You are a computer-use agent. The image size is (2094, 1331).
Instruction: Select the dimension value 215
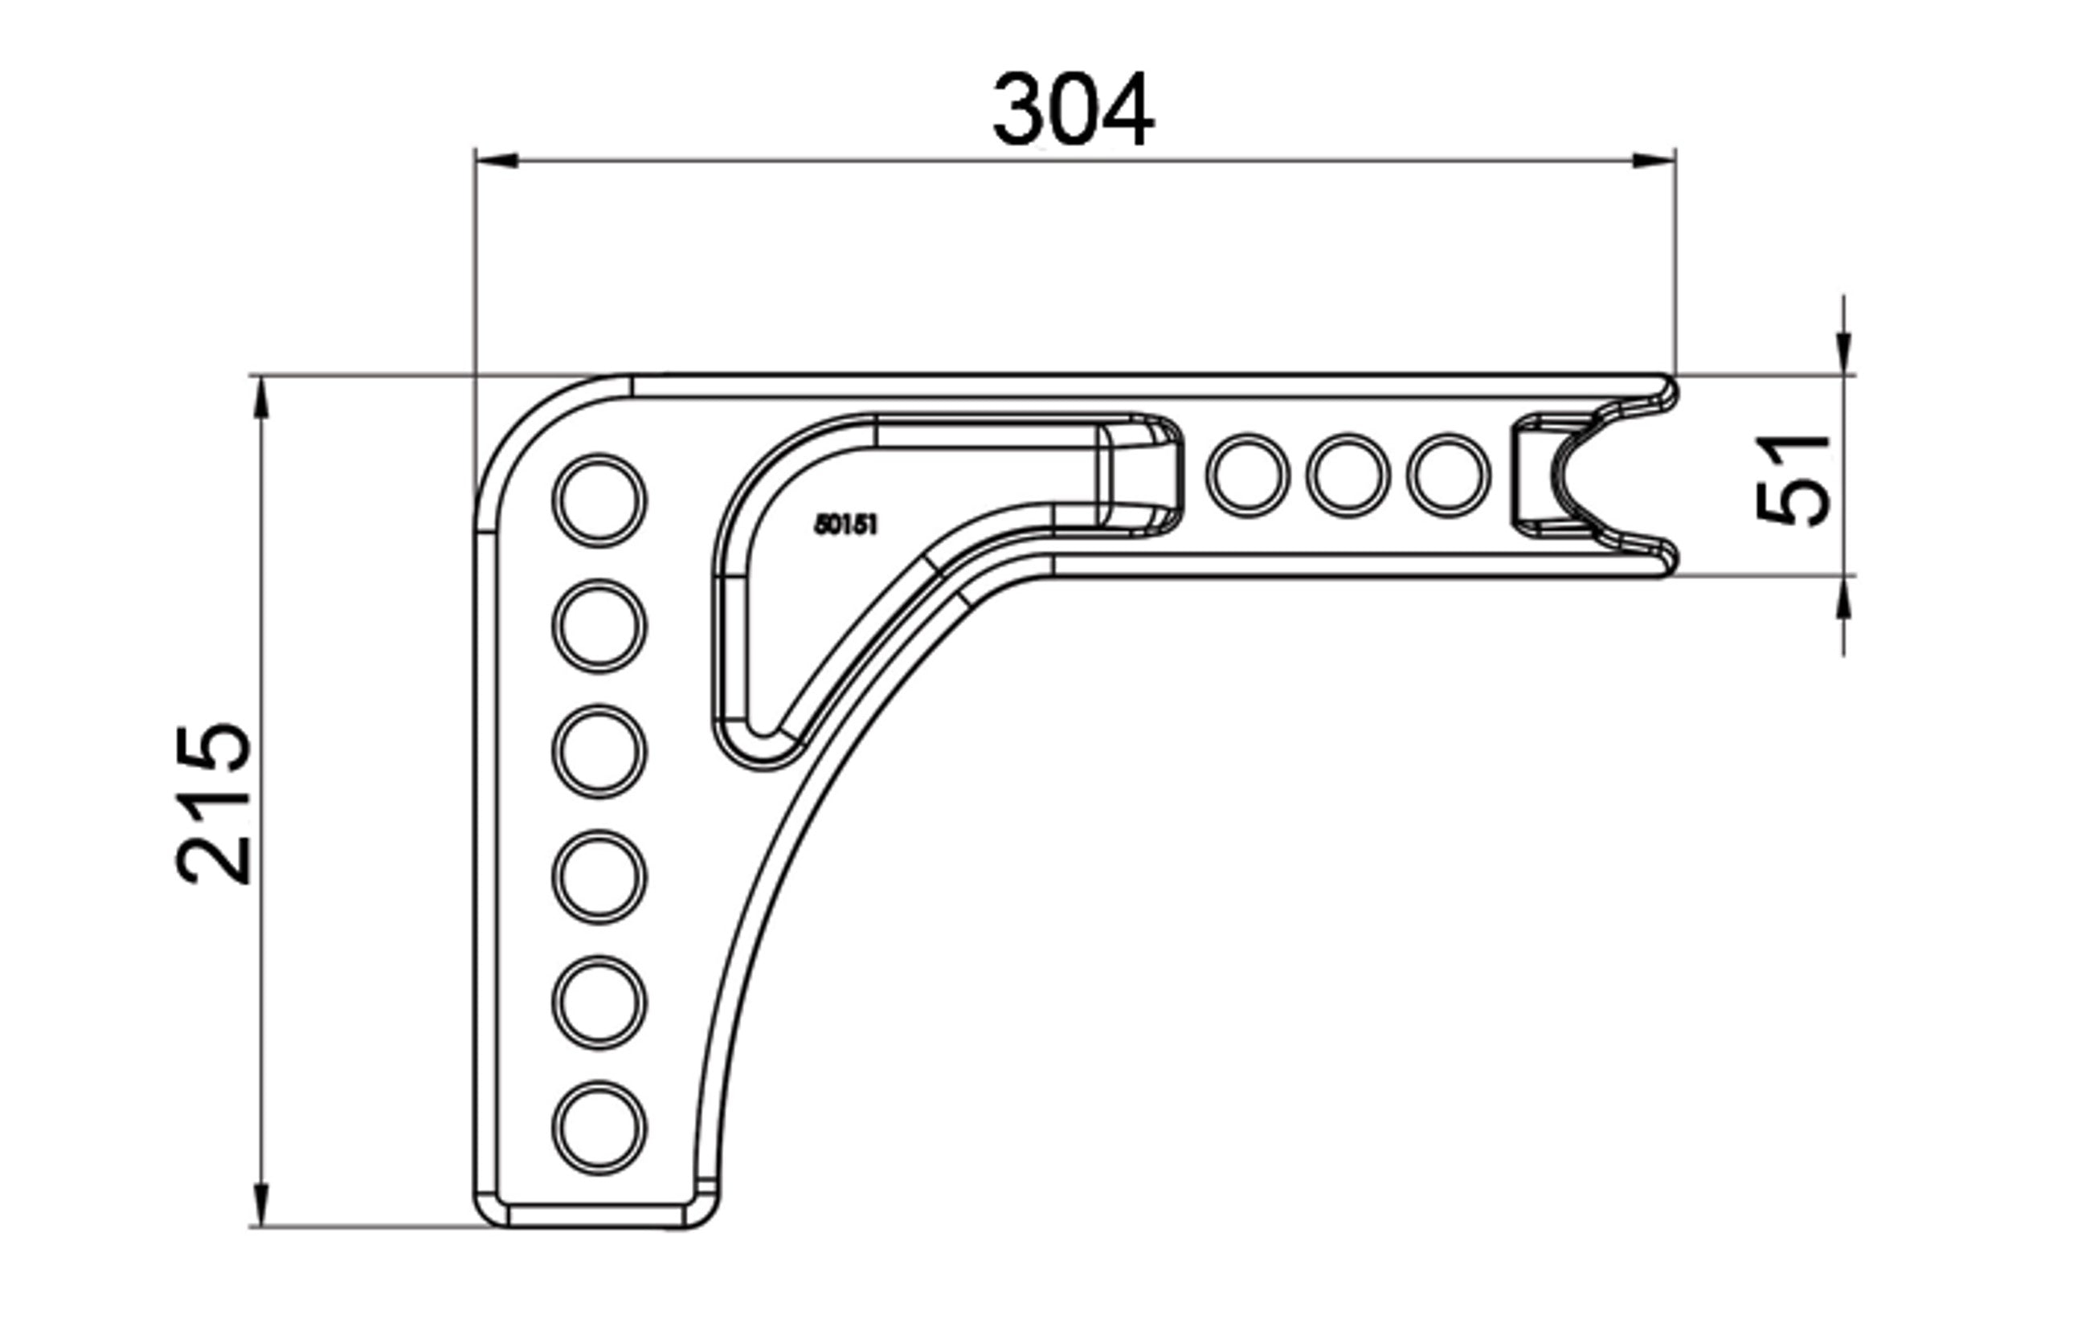[214, 804]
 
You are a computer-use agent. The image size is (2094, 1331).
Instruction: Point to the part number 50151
[845, 525]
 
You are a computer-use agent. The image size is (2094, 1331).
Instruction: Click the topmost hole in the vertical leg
[599, 500]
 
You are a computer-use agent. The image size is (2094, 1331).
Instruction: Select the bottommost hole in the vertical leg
[599, 1128]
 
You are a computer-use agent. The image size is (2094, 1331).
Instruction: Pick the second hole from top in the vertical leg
[599, 626]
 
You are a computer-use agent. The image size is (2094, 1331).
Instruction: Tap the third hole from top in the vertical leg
[599, 751]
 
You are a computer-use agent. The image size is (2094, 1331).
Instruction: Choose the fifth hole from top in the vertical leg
[599, 1002]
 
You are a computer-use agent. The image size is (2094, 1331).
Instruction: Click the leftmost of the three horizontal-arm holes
[1248, 476]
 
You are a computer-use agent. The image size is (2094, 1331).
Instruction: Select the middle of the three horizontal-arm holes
[1348, 476]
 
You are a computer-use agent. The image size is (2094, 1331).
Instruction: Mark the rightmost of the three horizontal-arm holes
[1449, 476]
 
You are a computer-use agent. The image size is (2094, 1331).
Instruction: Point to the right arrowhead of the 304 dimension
[1653, 161]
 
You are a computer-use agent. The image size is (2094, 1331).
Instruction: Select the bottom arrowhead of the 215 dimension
[260, 1204]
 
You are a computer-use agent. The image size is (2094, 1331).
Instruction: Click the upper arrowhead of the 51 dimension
[1844, 353]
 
